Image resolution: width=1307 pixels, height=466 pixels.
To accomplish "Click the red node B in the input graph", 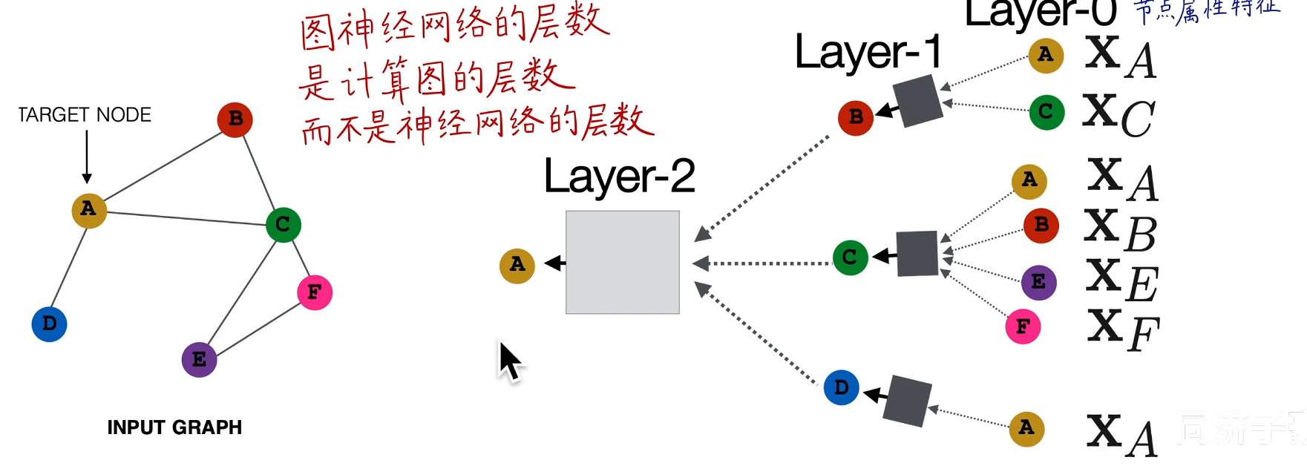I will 235,119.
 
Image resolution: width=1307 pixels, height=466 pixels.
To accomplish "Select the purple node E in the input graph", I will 199,360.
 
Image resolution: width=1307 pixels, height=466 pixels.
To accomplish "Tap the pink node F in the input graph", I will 315,292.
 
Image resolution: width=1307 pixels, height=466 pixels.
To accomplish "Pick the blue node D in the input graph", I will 50,324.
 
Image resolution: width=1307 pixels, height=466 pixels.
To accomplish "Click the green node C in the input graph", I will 283,224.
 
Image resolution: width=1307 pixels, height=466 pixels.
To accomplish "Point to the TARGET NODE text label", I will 85,115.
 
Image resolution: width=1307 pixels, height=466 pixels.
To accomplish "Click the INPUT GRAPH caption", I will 174,427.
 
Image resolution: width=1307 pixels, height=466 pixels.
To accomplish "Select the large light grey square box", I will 622,262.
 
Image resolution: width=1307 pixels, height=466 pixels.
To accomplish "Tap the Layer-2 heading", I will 619,177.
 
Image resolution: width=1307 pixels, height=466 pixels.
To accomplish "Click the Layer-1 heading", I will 868,53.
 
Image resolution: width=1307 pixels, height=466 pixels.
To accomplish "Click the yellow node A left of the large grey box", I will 517,265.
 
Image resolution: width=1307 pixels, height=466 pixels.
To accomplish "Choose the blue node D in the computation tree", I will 842,387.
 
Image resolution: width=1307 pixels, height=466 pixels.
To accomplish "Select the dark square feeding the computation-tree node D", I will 907,401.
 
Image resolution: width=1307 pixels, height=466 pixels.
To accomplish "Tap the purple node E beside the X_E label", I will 1038,282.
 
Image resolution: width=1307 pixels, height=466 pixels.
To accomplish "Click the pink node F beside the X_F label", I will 1023,326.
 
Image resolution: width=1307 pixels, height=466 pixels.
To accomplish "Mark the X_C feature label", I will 1118,115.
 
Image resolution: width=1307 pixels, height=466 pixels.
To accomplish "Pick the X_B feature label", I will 1120,230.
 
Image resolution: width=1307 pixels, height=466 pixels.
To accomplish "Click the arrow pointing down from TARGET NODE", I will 87,157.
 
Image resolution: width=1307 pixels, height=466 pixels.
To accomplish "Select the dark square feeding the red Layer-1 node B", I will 917,102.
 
